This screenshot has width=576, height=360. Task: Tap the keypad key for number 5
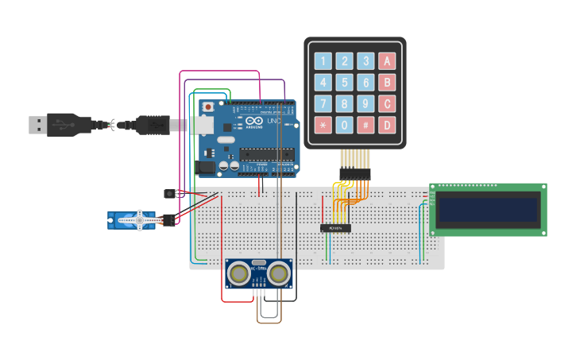click(x=344, y=83)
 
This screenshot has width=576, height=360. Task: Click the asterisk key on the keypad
click(x=323, y=125)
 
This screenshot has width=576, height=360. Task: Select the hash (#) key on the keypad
click(x=365, y=125)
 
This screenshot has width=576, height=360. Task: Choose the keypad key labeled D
click(x=387, y=125)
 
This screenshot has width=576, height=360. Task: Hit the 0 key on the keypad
click(x=344, y=125)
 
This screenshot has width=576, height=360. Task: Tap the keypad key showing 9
click(x=365, y=103)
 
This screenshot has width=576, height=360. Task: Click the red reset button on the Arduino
click(x=208, y=106)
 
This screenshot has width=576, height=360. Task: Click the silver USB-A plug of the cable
click(x=37, y=125)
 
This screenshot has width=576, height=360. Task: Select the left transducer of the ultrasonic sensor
click(x=238, y=273)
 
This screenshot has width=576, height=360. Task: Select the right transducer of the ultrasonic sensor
click(x=278, y=273)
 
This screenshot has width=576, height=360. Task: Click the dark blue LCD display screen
click(x=488, y=210)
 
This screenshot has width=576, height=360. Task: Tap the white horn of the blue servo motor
click(x=141, y=220)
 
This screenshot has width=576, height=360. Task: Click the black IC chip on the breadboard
click(x=335, y=228)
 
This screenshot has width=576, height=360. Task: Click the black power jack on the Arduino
click(x=207, y=167)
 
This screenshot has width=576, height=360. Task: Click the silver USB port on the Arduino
click(x=203, y=125)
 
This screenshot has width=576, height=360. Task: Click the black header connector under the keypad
click(x=354, y=174)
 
